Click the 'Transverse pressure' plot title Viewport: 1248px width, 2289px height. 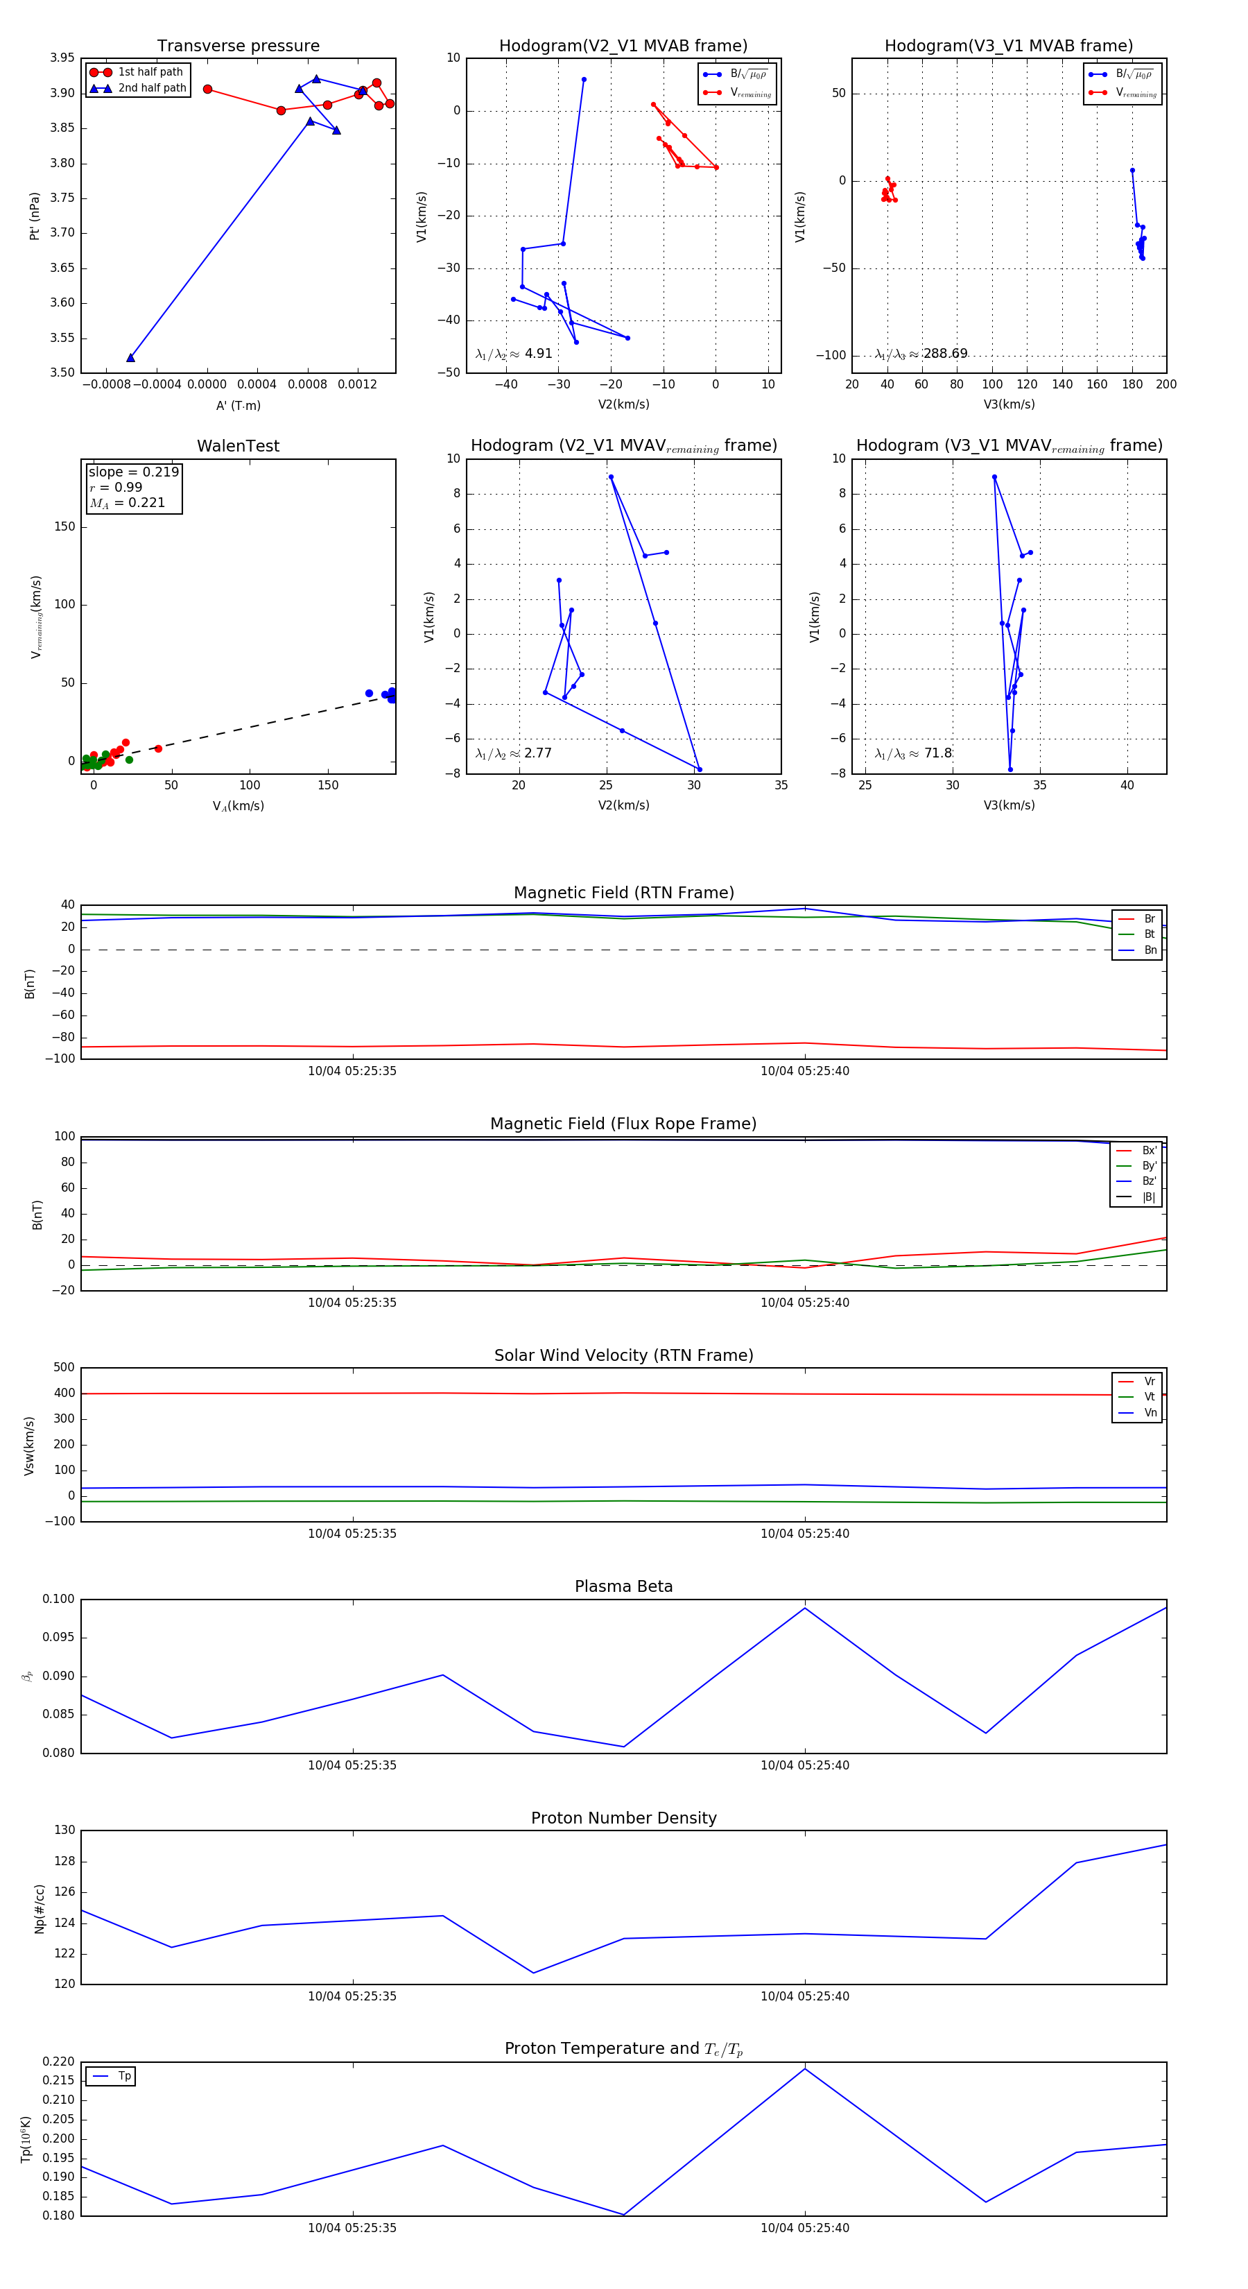pos(238,46)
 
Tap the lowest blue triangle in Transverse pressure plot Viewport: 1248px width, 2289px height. pos(130,358)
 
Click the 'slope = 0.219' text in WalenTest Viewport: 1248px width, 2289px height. pos(133,472)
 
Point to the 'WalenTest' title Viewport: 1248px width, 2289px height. pos(238,446)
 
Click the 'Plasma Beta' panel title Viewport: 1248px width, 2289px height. pos(623,1587)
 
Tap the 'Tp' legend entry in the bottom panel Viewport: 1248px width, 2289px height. pos(124,2077)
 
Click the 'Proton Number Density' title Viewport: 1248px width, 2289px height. pos(623,1818)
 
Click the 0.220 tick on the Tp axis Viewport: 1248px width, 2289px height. pos(59,2061)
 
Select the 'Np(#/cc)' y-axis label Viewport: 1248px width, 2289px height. pos(39,1909)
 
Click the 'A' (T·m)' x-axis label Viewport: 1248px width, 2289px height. pos(238,405)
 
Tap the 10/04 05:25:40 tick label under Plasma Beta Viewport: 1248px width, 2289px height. pos(805,1765)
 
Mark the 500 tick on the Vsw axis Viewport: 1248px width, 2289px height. pos(64,1368)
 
